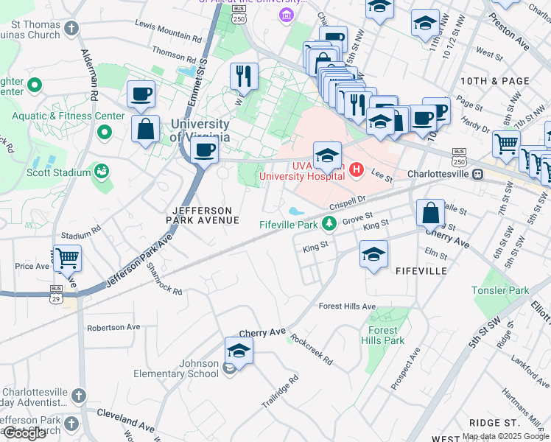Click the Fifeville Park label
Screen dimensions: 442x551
pyautogui.click(x=290, y=224)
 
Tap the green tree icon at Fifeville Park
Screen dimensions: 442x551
pyautogui.click(x=332, y=223)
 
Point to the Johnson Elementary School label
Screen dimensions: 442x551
pyautogui.click(x=176, y=368)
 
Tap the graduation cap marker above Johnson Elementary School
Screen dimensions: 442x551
pyautogui.click(x=239, y=351)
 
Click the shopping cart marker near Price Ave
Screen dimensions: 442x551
pyautogui.click(x=67, y=258)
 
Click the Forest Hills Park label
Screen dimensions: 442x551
pyautogui.click(x=383, y=335)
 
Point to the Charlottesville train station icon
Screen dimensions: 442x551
pyautogui.click(x=477, y=175)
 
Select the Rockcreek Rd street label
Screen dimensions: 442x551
pyautogui.click(x=312, y=350)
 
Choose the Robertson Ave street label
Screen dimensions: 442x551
pyautogui.click(x=113, y=327)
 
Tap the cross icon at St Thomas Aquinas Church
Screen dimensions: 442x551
pyautogui.click(x=71, y=29)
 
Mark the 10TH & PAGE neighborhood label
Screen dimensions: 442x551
pyautogui.click(x=484, y=80)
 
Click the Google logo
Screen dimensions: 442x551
pyautogui.click(x=24, y=433)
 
